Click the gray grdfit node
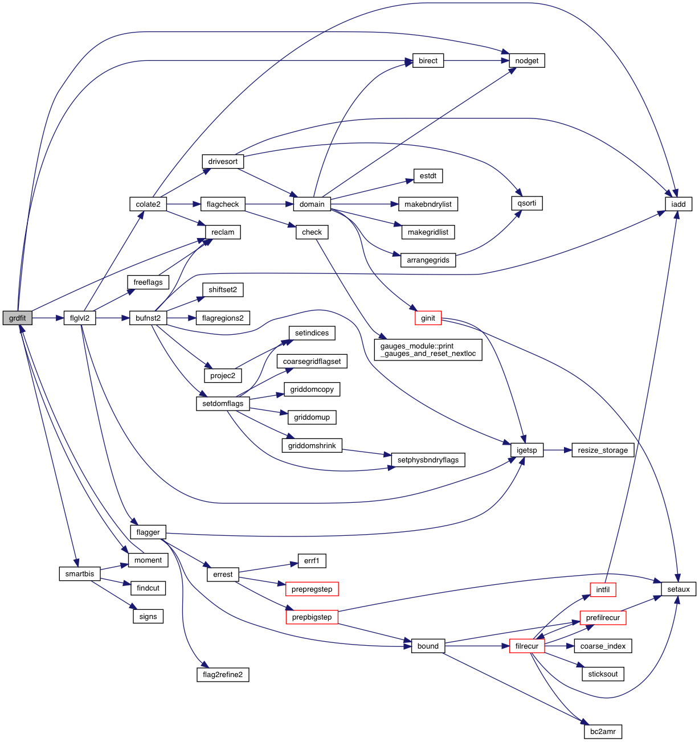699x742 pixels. click(x=17, y=318)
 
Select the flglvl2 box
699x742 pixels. click(x=80, y=318)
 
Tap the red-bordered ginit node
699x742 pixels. click(x=428, y=318)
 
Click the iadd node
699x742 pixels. click(x=678, y=204)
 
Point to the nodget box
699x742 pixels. click(x=526, y=61)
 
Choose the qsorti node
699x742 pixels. click(x=526, y=203)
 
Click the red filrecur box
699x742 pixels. click(x=526, y=646)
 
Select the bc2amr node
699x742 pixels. click(x=603, y=731)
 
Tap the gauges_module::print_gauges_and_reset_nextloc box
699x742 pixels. click(x=428, y=350)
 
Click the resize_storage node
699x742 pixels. click(x=603, y=450)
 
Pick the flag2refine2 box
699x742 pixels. click(x=222, y=675)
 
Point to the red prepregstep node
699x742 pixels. click(x=312, y=589)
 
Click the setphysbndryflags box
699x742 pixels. click(x=428, y=460)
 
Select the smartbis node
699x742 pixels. click(x=80, y=573)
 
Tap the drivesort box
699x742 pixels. click(x=223, y=162)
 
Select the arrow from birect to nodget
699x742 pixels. click(x=476, y=61)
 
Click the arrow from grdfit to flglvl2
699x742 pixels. click(x=48, y=318)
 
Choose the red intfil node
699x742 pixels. click(x=603, y=590)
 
